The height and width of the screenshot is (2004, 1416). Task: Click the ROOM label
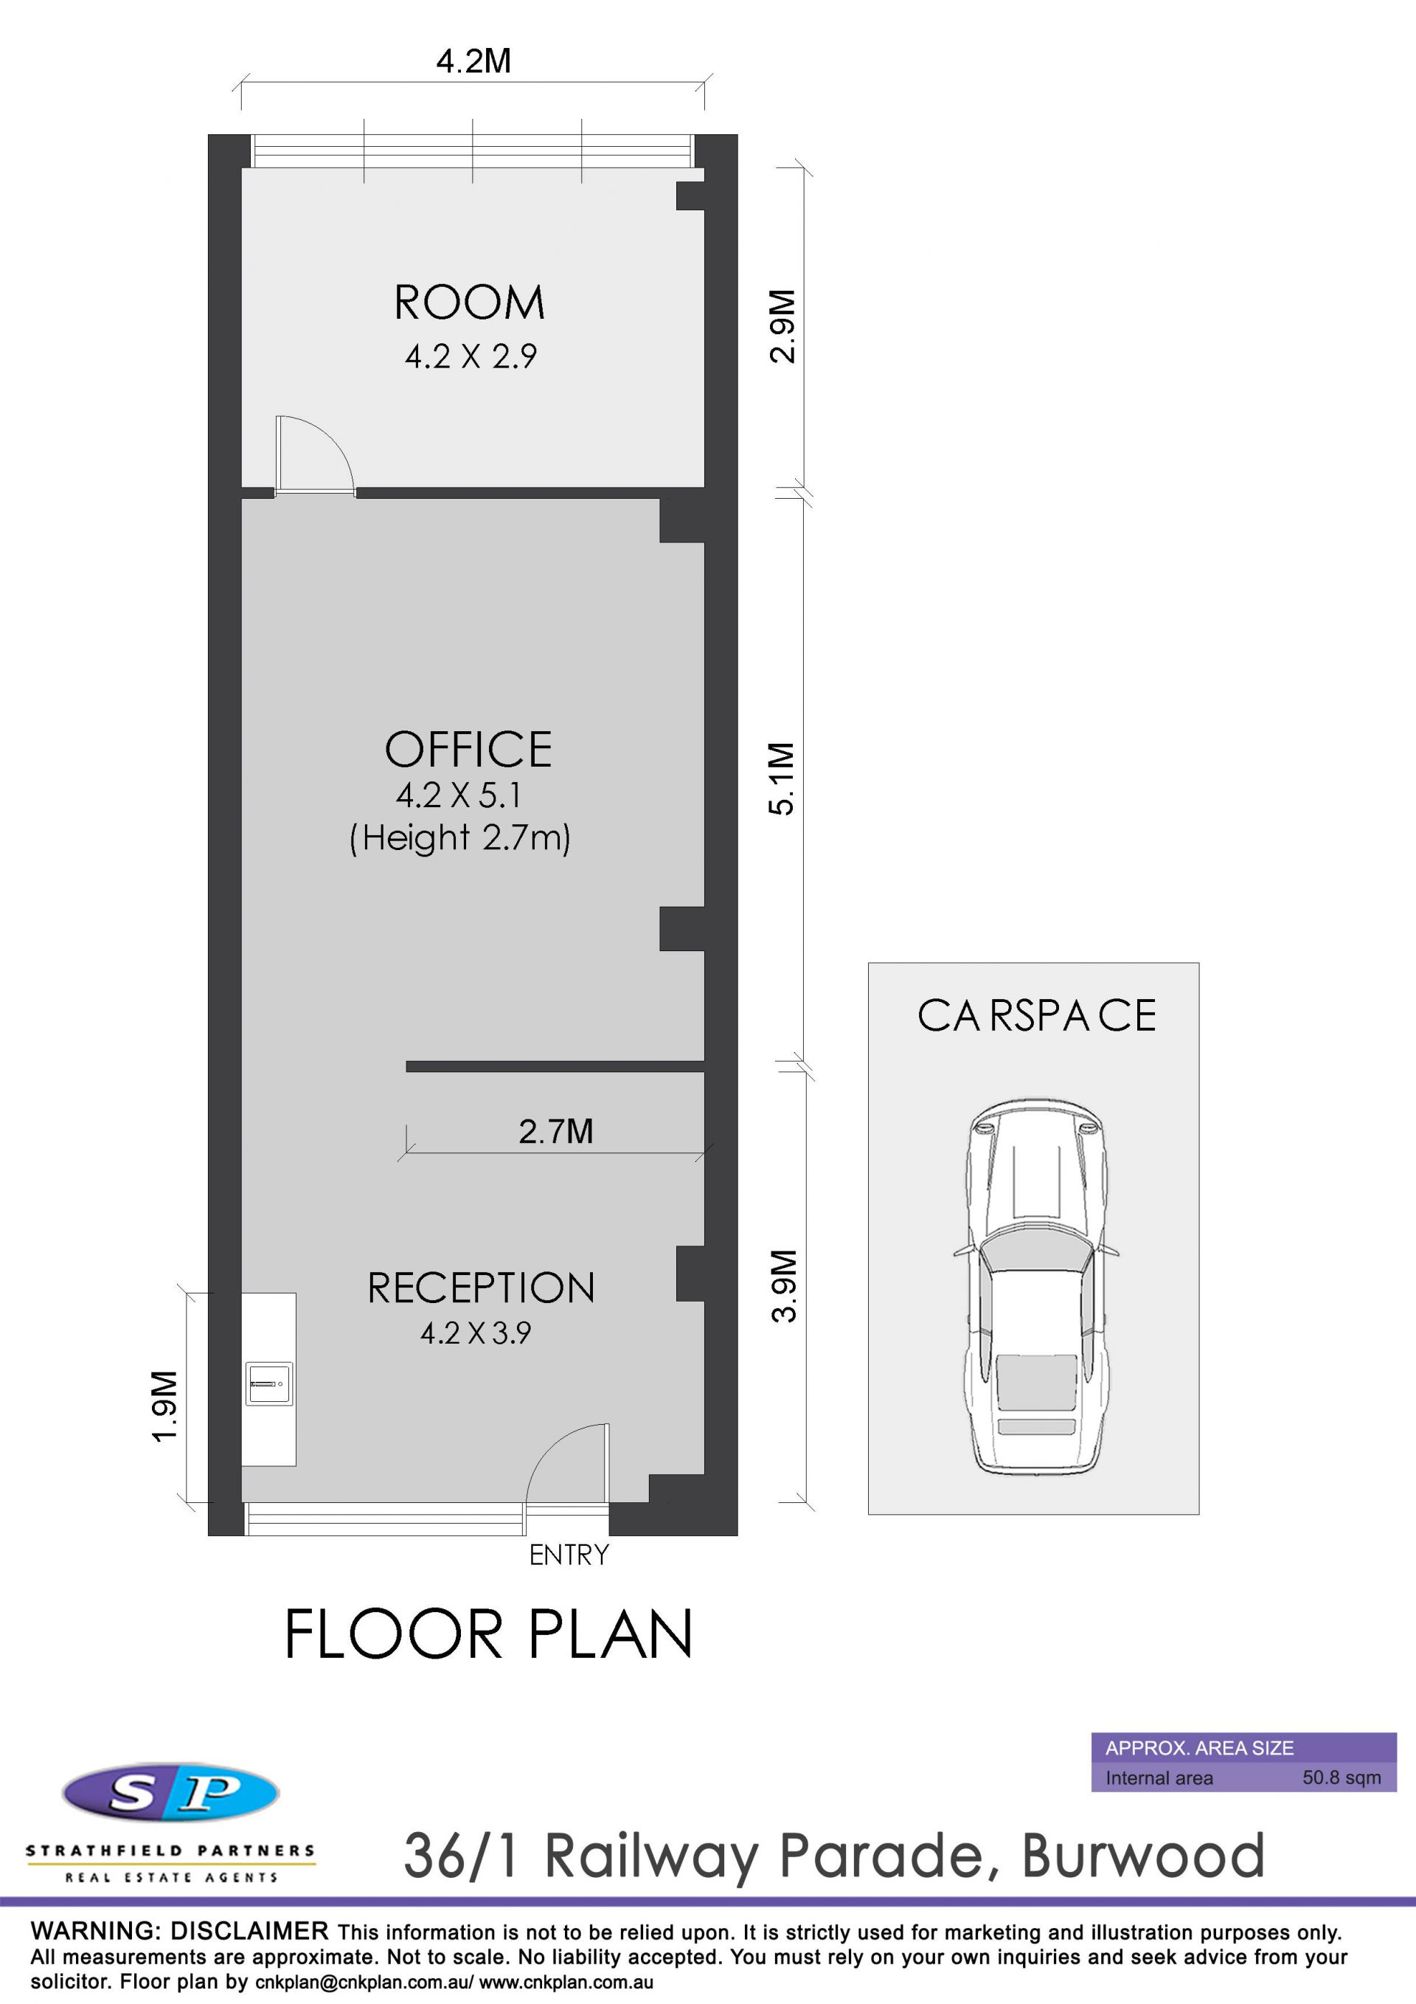coord(469,303)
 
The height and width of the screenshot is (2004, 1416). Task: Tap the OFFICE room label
coord(468,749)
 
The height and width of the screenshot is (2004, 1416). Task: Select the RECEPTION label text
coord(481,1288)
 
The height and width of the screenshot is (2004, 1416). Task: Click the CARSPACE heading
coord(1036,1015)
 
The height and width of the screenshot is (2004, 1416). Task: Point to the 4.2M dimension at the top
coord(473,61)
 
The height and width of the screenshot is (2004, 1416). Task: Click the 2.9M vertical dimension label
coord(782,325)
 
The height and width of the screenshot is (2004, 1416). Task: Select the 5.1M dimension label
coord(782,778)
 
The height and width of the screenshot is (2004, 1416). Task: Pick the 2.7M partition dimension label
coord(556,1131)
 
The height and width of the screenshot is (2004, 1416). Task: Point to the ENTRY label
coord(569,1555)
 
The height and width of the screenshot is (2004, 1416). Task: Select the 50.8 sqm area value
coord(1342,1777)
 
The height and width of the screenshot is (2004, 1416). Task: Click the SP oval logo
coord(171,1794)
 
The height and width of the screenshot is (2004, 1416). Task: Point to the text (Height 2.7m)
coord(459,838)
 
